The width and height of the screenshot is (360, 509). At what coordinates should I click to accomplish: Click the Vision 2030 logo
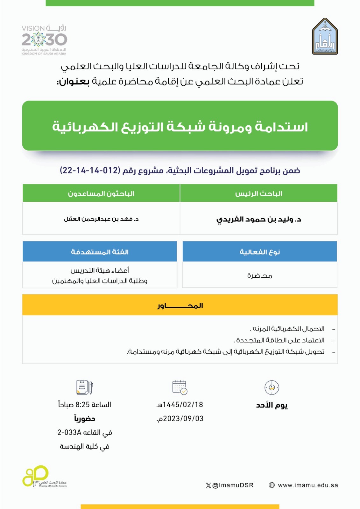tap(44, 40)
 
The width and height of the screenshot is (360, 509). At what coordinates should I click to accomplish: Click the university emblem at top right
tap(325, 37)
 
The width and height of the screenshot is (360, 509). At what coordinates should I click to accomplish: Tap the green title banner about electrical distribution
tap(180, 126)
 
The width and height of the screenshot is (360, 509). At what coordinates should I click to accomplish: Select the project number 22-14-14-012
tap(90, 171)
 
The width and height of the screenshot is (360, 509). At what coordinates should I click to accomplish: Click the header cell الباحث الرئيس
tap(258, 193)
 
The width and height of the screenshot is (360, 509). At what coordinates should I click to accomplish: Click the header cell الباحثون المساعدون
tap(101, 193)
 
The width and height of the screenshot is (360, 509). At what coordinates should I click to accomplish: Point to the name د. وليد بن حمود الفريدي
tap(258, 219)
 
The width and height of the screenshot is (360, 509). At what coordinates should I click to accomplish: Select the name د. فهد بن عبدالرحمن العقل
tap(101, 219)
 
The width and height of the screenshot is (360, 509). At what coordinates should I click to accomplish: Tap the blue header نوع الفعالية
tap(259, 252)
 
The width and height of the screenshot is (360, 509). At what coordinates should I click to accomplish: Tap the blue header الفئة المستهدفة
tap(100, 252)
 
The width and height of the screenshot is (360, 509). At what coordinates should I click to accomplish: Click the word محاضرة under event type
tap(259, 275)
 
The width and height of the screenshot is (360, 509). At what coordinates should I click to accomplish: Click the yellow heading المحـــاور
tap(180, 305)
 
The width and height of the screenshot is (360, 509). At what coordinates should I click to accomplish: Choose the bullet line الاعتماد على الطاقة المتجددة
tap(279, 340)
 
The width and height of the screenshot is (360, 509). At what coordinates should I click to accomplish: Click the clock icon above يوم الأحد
tap(272, 387)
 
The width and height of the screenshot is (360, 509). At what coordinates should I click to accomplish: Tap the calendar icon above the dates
tap(180, 387)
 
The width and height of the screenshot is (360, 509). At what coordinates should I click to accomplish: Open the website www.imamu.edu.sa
tap(307, 485)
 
